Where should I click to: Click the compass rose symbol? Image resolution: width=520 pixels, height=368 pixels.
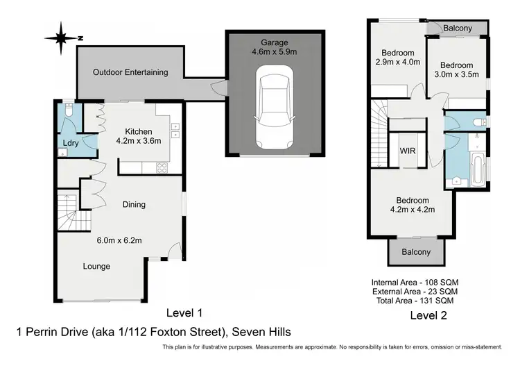[x=62, y=38]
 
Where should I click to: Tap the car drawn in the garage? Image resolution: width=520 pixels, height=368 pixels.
[x=275, y=108]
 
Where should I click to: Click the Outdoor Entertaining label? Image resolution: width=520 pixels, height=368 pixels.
[x=130, y=72]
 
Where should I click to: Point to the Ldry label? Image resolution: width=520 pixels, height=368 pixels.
[x=71, y=143]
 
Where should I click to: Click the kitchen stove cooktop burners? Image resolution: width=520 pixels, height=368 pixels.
[x=162, y=168]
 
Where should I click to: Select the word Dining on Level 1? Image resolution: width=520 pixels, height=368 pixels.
[x=134, y=204]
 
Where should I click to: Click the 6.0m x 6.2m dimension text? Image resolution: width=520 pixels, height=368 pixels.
[x=119, y=240]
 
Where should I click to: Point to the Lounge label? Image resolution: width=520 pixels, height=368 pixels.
[x=96, y=266]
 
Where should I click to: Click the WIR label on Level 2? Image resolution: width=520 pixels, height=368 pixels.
[x=408, y=151]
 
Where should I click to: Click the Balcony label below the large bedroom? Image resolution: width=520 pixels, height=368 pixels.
[x=416, y=252]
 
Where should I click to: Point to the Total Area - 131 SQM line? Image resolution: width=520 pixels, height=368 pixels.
[x=415, y=301]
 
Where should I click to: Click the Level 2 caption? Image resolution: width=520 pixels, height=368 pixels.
[x=428, y=315]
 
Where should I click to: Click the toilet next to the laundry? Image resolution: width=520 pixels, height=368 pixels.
[x=69, y=110]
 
